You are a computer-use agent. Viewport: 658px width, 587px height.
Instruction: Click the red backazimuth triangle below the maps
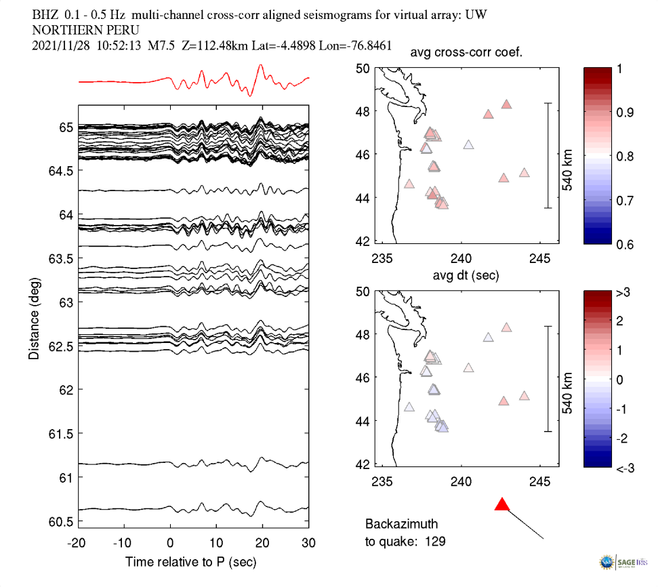[501, 504]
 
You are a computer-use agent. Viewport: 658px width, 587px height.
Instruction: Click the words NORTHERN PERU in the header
[86, 31]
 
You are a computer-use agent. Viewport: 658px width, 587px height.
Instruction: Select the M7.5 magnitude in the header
[161, 46]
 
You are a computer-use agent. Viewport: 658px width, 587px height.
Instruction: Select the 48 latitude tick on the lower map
[363, 334]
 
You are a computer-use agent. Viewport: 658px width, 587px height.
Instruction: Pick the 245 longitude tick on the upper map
[539, 258]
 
